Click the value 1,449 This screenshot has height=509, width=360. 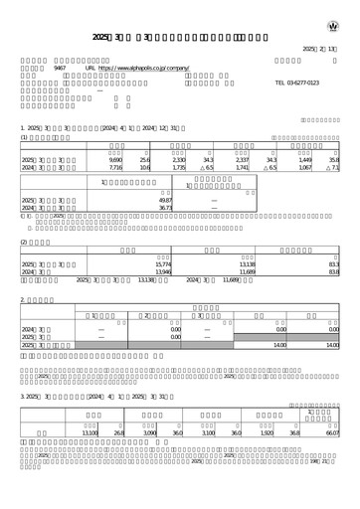pos(305,159)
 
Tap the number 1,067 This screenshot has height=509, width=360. pos(305,168)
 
